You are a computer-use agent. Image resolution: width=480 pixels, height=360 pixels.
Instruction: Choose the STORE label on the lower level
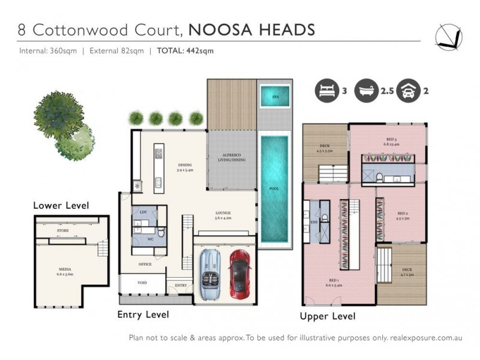[x=62, y=230]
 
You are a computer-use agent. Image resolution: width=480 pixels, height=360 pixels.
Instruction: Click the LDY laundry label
[x=143, y=213]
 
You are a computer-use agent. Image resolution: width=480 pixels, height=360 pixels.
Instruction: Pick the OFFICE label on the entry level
[x=145, y=264]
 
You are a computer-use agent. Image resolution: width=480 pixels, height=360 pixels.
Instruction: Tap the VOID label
[x=143, y=282]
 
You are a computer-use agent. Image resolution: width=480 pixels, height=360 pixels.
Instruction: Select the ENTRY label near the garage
[x=181, y=285]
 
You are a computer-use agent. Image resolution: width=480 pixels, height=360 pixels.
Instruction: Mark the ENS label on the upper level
[x=313, y=221]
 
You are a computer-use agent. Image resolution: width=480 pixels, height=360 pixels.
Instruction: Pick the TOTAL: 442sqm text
[x=185, y=51]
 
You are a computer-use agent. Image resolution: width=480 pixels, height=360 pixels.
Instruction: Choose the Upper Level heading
[x=327, y=316]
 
